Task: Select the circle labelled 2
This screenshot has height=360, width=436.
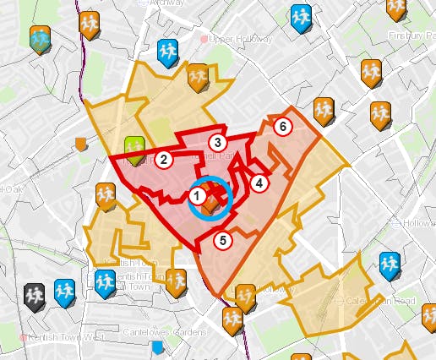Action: point(165,158)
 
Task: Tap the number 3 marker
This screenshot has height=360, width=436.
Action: point(218,143)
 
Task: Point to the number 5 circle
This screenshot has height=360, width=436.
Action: point(223,241)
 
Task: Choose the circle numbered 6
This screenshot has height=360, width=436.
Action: point(283,127)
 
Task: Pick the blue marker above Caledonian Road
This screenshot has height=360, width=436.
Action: point(389,265)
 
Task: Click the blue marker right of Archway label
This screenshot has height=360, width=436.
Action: point(300,15)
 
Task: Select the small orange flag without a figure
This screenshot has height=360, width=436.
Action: point(81,144)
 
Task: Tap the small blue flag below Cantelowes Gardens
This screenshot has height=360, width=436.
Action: point(156,346)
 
